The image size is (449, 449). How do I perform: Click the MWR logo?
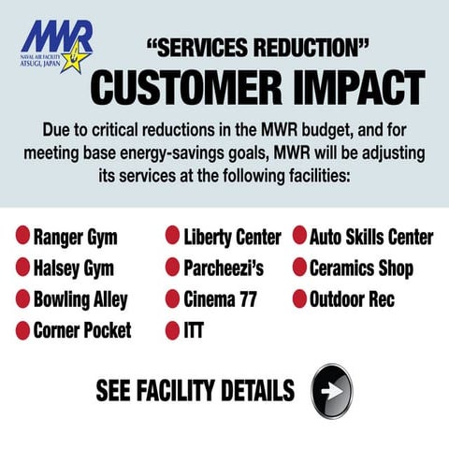(x=57, y=44)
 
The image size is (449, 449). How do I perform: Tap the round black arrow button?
(x=331, y=389)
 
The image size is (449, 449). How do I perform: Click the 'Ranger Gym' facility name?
(x=75, y=238)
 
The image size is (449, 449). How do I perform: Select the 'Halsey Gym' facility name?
(x=73, y=268)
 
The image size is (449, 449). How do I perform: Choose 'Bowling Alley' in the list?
(x=80, y=299)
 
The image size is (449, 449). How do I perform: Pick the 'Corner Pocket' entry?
(x=82, y=330)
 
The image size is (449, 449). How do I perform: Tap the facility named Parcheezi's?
(x=224, y=268)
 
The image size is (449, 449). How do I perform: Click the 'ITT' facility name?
(x=194, y=330)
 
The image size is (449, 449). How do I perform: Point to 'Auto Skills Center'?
(x=371, y=238)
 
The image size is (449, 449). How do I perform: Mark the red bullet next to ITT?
(x=173, y=330)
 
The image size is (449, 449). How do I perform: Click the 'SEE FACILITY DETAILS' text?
(x=196, y=390)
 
